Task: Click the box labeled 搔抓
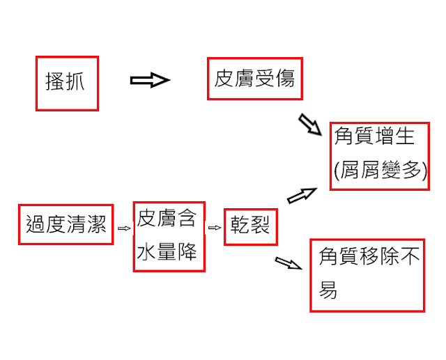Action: (67, 83)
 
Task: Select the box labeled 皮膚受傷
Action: (254, 78)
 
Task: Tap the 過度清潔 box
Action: (66, 224)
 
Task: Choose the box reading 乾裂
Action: (250, 226)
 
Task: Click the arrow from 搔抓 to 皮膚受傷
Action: (150, 80)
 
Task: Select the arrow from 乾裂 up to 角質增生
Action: (302, 195)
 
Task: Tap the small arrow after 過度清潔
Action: (123, 227)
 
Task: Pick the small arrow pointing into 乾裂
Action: (215, 227)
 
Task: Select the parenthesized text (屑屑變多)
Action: (380, 169)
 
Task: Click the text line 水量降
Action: (167, 251)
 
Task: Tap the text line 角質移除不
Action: (369, 257)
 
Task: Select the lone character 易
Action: (328, 290)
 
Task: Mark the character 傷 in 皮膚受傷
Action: (284, 78)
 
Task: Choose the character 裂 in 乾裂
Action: (260, 226)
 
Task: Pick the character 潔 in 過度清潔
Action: (96, 224)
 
